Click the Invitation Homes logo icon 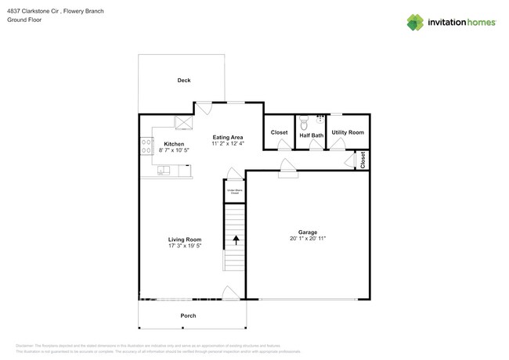point(415,22)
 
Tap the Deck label point(183,81)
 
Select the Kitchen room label point(174,144)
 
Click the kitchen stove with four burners point(146,146)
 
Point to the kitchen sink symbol point(164,169)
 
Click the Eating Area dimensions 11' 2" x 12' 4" point(228,144)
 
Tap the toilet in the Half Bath point(304,122)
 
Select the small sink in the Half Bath point(319,121)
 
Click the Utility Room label point(348,133)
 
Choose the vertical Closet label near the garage point(363,160)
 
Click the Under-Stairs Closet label point(234,191)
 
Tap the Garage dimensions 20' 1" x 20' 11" point(308,239)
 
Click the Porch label point(188,315)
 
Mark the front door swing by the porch point(231,293)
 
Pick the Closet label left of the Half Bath point(279,133)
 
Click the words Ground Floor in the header point(25,20)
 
